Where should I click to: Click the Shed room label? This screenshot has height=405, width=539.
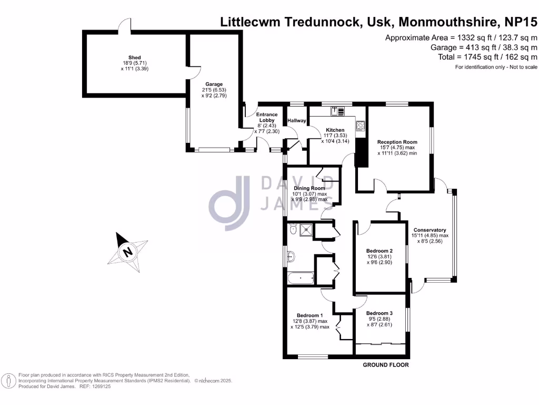134,57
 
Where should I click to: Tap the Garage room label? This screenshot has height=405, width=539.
214,84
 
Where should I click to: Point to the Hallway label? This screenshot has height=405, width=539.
297,121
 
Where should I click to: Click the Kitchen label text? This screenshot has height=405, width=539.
335,130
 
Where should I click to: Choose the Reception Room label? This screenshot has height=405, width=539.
397,142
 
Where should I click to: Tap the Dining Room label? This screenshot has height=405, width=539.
310,188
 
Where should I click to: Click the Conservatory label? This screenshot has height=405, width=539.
430,230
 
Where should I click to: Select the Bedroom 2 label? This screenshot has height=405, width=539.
380,250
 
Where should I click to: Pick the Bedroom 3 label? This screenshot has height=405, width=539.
380,313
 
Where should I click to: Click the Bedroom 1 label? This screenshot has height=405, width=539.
309,315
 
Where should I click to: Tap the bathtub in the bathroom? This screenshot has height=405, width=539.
300,278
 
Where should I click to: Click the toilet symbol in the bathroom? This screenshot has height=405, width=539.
292,229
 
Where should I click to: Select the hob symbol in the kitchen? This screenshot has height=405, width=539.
361,126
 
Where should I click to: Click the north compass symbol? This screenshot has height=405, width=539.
127,252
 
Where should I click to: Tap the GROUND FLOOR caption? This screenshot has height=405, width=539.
386,365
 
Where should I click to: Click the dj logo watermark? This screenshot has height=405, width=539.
229,203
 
